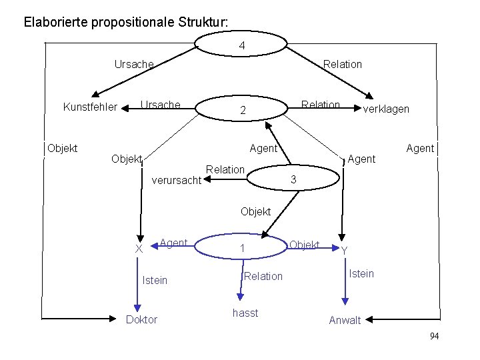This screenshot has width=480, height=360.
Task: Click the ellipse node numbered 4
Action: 241,46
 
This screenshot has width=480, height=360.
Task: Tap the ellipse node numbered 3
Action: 291,179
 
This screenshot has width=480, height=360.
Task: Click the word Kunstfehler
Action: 89,107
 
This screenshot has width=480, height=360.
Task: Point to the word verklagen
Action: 385,109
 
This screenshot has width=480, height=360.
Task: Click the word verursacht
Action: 177,180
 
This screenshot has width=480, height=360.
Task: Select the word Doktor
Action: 142,319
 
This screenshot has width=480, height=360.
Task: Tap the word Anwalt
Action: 345,320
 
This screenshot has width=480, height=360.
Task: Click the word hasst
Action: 245,313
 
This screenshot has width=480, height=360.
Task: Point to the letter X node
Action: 139,249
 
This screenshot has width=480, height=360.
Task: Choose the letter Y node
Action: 344,251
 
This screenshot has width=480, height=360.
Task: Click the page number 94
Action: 434,336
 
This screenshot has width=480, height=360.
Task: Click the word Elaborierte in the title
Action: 55,21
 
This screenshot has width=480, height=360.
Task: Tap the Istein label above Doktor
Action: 155,280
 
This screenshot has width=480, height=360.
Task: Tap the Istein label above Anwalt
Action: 361,273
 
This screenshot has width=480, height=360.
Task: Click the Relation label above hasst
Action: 263,276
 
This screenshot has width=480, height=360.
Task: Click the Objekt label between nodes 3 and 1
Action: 255,211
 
